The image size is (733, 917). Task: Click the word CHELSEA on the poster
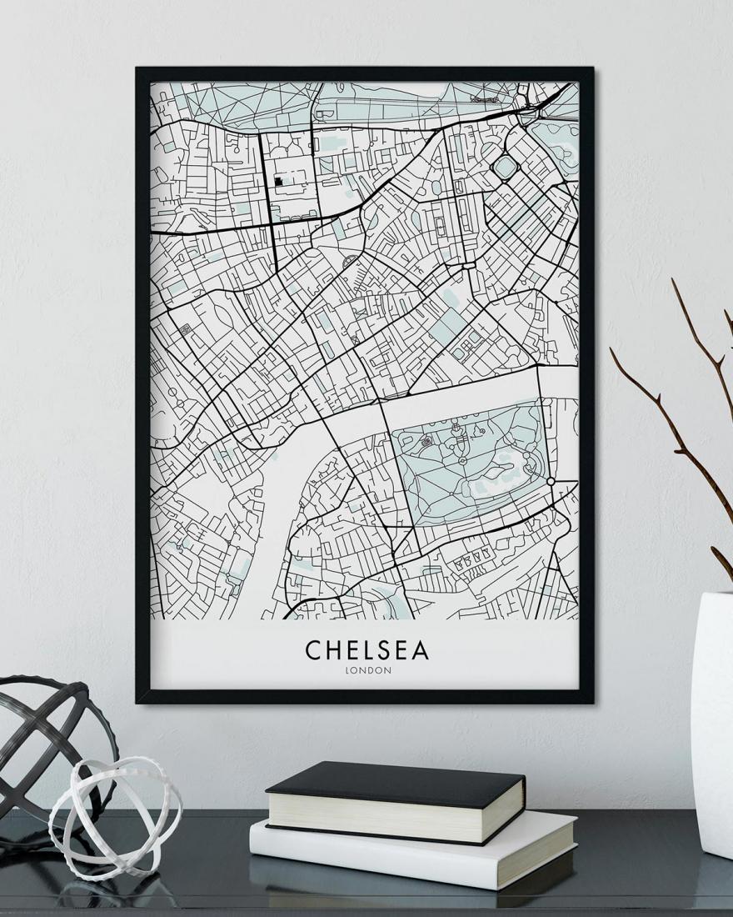point(366,649)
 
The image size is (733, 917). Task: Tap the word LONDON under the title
point(366,669)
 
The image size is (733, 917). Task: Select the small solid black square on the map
point(277,178)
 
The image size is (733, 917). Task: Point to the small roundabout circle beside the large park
point(551,482)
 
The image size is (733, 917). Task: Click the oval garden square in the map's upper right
point(504,168)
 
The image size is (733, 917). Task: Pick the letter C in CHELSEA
point(313,649)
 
